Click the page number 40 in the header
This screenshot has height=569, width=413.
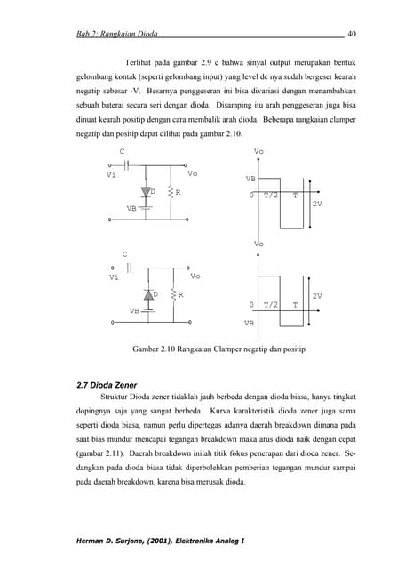(351, 34)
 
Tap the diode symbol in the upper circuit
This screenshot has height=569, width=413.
(144, 192)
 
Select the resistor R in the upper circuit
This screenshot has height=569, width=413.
(169, 193)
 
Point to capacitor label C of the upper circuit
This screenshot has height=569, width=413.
(122, 151)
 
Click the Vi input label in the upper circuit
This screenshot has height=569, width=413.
(111, 175)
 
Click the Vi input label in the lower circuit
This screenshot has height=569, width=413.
(114, 277)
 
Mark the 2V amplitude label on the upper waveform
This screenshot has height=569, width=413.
(317, 204)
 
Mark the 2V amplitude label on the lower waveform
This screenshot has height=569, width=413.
(317, 294)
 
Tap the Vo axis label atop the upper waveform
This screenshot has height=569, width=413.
(258, 152)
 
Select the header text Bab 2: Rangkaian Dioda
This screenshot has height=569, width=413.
(117, 34)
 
